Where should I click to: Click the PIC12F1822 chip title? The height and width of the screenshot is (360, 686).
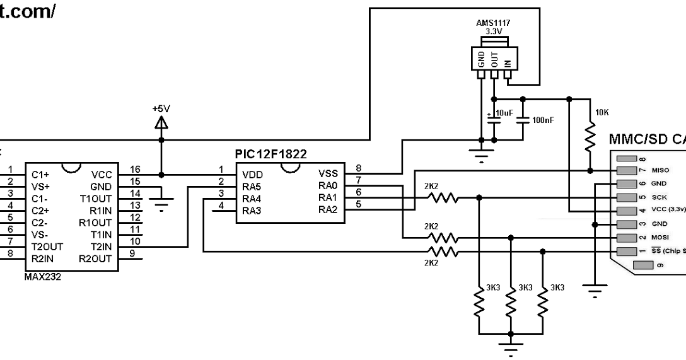(271, 154)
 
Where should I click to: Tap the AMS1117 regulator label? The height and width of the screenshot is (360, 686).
(494, 21)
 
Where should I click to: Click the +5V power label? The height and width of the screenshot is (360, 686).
(161, 108)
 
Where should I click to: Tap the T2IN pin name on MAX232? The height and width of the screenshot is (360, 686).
(101, 247)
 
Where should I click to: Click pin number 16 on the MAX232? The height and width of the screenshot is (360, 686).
(135, 170)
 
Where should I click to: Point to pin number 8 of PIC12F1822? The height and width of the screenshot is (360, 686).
(358, 168)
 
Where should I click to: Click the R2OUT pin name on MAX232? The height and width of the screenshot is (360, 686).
(96, 258)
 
